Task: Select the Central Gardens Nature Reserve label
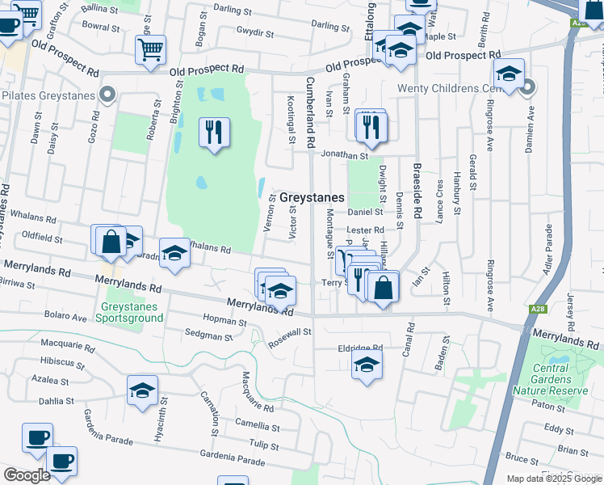point(551,379)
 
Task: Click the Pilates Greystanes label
point(48,95)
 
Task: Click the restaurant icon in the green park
point(213,132)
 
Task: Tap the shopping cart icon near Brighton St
point(150,49)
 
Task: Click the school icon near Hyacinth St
point(142,392)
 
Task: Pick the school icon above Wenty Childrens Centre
point(509,74)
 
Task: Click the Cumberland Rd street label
point(310,113)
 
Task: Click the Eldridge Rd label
point(359,348)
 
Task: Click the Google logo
point(27,475)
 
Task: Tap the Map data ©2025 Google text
point(553,479)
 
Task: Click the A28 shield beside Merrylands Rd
point(539,309)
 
